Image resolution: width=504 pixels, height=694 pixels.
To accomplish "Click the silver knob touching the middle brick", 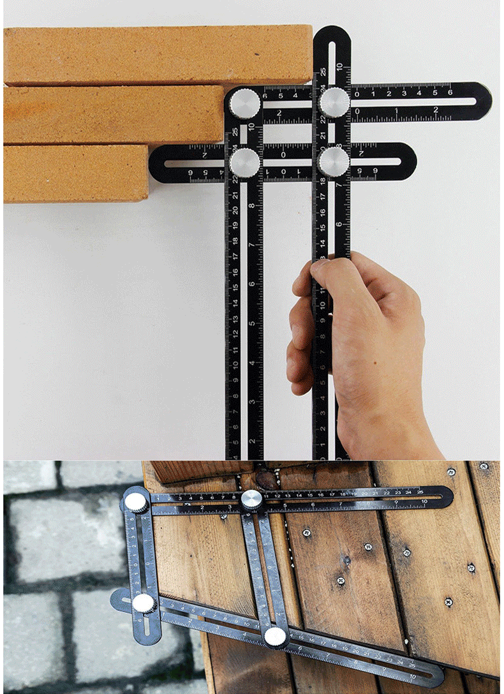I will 245,102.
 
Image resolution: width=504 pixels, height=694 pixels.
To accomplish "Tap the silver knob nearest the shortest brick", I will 245,161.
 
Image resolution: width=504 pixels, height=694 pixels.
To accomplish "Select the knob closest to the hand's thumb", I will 334,161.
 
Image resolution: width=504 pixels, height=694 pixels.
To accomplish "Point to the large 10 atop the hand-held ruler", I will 340,66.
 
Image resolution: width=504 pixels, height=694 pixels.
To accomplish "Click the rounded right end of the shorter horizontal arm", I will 408,162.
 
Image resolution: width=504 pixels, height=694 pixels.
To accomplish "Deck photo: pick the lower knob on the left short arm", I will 143,603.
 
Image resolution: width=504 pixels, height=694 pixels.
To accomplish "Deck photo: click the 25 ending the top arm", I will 419,492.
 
